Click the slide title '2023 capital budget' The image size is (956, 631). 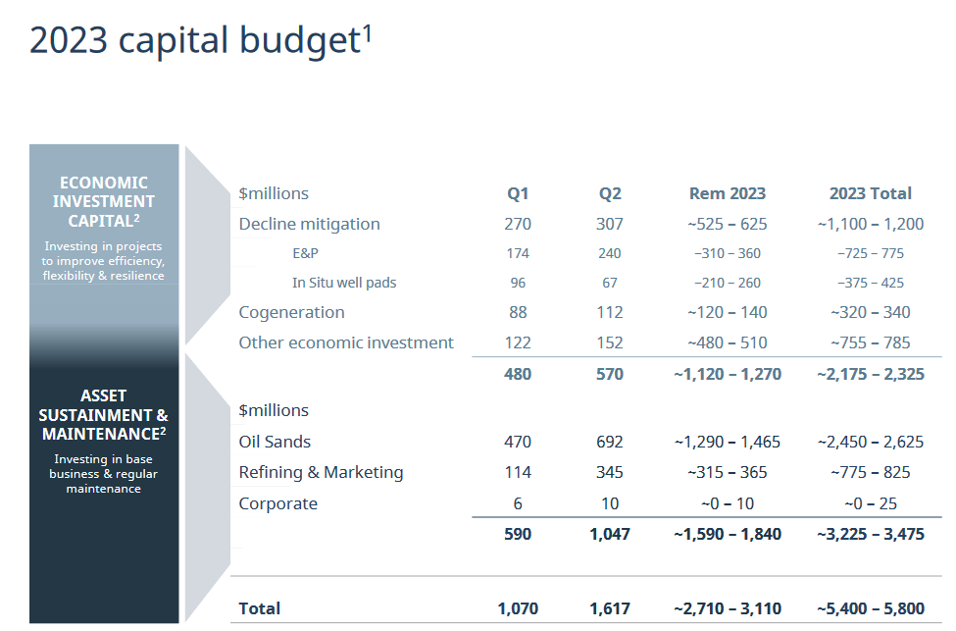[x=196, y=41]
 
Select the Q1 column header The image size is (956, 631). [x=518, y=193]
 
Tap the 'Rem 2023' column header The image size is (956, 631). [x=727, y=193]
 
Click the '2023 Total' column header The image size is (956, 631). [x=870, y=193]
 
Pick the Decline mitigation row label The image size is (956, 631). [x=309, y=224]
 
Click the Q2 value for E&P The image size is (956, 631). [x=609, y=253]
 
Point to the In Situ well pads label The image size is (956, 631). [x=344, y=283]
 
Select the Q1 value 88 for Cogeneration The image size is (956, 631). [x=518, y=312]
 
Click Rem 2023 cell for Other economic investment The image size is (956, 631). [x=727, y=342]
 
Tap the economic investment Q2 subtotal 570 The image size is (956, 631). [x=609, y=374]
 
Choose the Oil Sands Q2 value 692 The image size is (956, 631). [x=609, y=442]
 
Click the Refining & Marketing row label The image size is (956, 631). [x=321, y=472]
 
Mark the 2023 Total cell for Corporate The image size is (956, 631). [x=870, y=503]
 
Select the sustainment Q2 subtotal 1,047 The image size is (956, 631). [x=609, y=534]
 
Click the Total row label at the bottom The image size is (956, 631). [x=259, y=608]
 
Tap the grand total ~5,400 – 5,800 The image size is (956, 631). [x=870, y=608]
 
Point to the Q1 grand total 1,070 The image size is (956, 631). [x=518, y=608]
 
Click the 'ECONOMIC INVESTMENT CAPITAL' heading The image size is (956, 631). [x=104, y=201]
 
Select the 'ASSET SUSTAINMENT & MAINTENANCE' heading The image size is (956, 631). [x=104, y=414]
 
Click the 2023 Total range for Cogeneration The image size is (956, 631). [x=870, y=312]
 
